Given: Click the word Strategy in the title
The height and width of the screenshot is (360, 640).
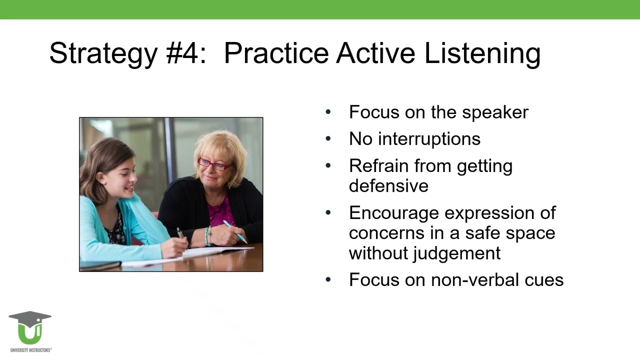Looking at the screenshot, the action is point(103,53).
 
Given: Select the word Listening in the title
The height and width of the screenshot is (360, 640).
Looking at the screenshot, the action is point(482,53).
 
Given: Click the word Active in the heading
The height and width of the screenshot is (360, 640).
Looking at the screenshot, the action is point(375,53).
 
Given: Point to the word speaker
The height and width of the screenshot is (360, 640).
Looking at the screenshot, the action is point(495,112).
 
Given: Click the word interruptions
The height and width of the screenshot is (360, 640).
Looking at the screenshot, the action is point(429,139).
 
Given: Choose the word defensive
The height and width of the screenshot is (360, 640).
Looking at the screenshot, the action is point(388,185).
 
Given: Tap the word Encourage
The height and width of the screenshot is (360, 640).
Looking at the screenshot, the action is point(394,213).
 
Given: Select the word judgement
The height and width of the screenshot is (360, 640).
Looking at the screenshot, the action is point(456,253).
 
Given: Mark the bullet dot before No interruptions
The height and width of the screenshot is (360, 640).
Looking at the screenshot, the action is point(328,138).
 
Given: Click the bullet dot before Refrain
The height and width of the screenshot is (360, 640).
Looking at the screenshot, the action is point(328,165).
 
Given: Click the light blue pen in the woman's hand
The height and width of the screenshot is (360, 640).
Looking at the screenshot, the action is point(235,231).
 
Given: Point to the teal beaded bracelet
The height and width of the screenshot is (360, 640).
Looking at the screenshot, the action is point(207,236).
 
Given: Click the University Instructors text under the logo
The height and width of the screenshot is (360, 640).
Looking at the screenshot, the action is point(31,350).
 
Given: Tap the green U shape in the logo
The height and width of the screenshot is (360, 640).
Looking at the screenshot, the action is point(30,335).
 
